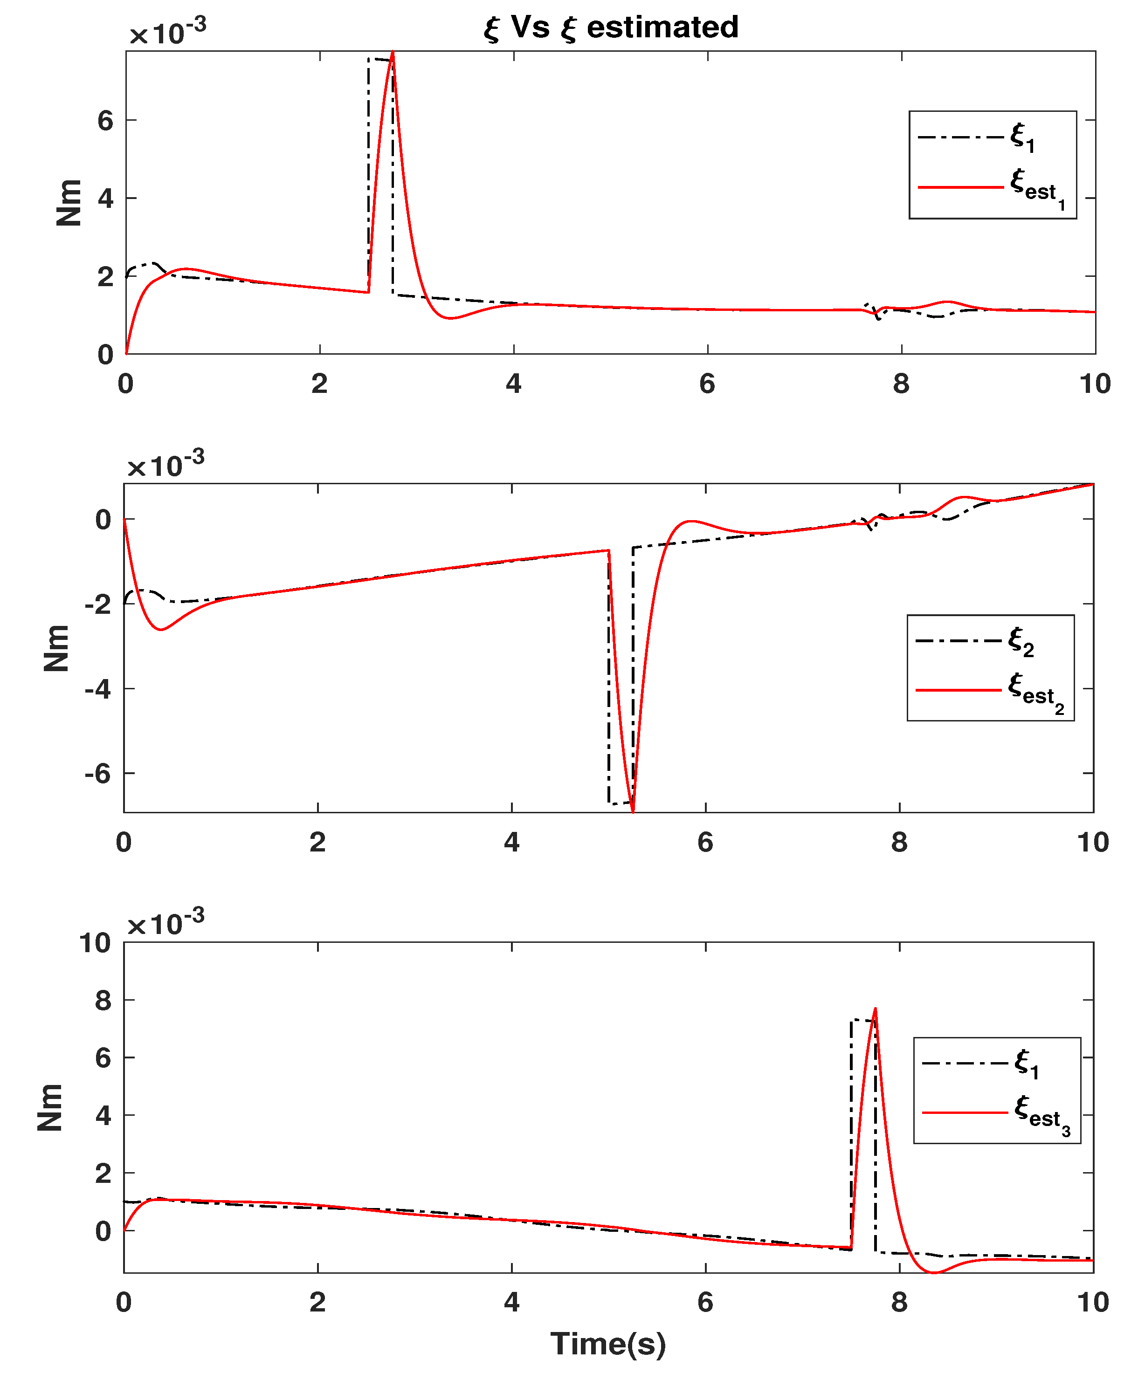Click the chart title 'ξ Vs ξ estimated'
[610, 27]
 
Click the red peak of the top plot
[393, 52]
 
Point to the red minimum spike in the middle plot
[633, 810]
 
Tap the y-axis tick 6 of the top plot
[105, 121]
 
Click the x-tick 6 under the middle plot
[705, 843]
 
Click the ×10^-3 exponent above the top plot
[168, 31]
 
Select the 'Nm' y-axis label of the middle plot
[56, 648]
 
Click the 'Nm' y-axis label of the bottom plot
[50, 1107]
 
